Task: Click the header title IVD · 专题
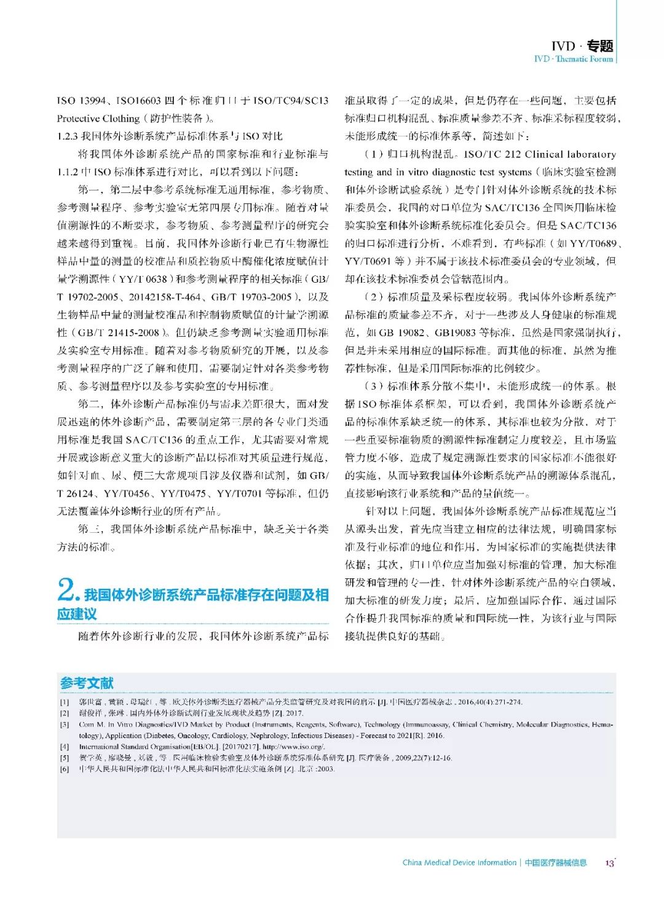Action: click(582, 46)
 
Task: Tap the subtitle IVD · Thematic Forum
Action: click(573, 59)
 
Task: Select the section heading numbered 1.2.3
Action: click(170, 136)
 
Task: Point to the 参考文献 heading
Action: click(87, 683)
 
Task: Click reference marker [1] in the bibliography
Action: click(65, 702)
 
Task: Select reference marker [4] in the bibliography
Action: click(65, 747)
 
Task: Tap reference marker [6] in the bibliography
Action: click(65, 769)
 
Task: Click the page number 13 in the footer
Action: click(609, 863)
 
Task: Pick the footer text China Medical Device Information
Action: click(459, 863)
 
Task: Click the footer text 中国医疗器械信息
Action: click(556, 863)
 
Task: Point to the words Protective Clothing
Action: click(98, 119)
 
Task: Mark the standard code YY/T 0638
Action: click(143, 279)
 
